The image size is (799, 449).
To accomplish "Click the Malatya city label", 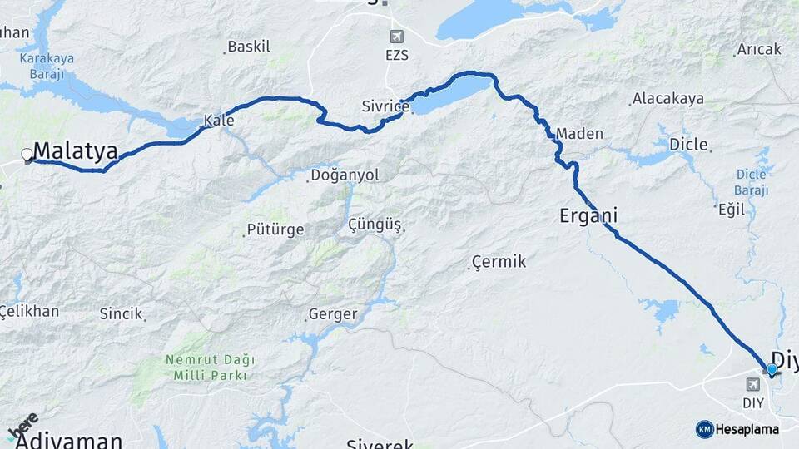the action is (76, 151).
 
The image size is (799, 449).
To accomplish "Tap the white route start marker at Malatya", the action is (27, 155).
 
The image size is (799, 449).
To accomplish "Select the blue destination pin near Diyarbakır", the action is (772, 369).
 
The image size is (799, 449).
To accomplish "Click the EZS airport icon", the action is (396, 37).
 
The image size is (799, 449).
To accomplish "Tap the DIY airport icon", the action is (753, 384).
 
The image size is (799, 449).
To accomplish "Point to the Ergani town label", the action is (588, 215).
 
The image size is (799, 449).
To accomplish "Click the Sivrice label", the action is (385, 106).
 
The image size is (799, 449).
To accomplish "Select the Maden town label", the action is (579, 133).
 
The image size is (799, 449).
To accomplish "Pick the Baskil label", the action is (248, 47).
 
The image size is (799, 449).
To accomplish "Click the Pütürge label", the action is (275, 229).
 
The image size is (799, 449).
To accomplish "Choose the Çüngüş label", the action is (375, 225).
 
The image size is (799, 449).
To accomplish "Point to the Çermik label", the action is (499, 262).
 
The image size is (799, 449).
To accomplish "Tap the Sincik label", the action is (122, 314).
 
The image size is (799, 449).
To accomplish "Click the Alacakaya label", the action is (667, 99).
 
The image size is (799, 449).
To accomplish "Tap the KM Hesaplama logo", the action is (737, 429).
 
